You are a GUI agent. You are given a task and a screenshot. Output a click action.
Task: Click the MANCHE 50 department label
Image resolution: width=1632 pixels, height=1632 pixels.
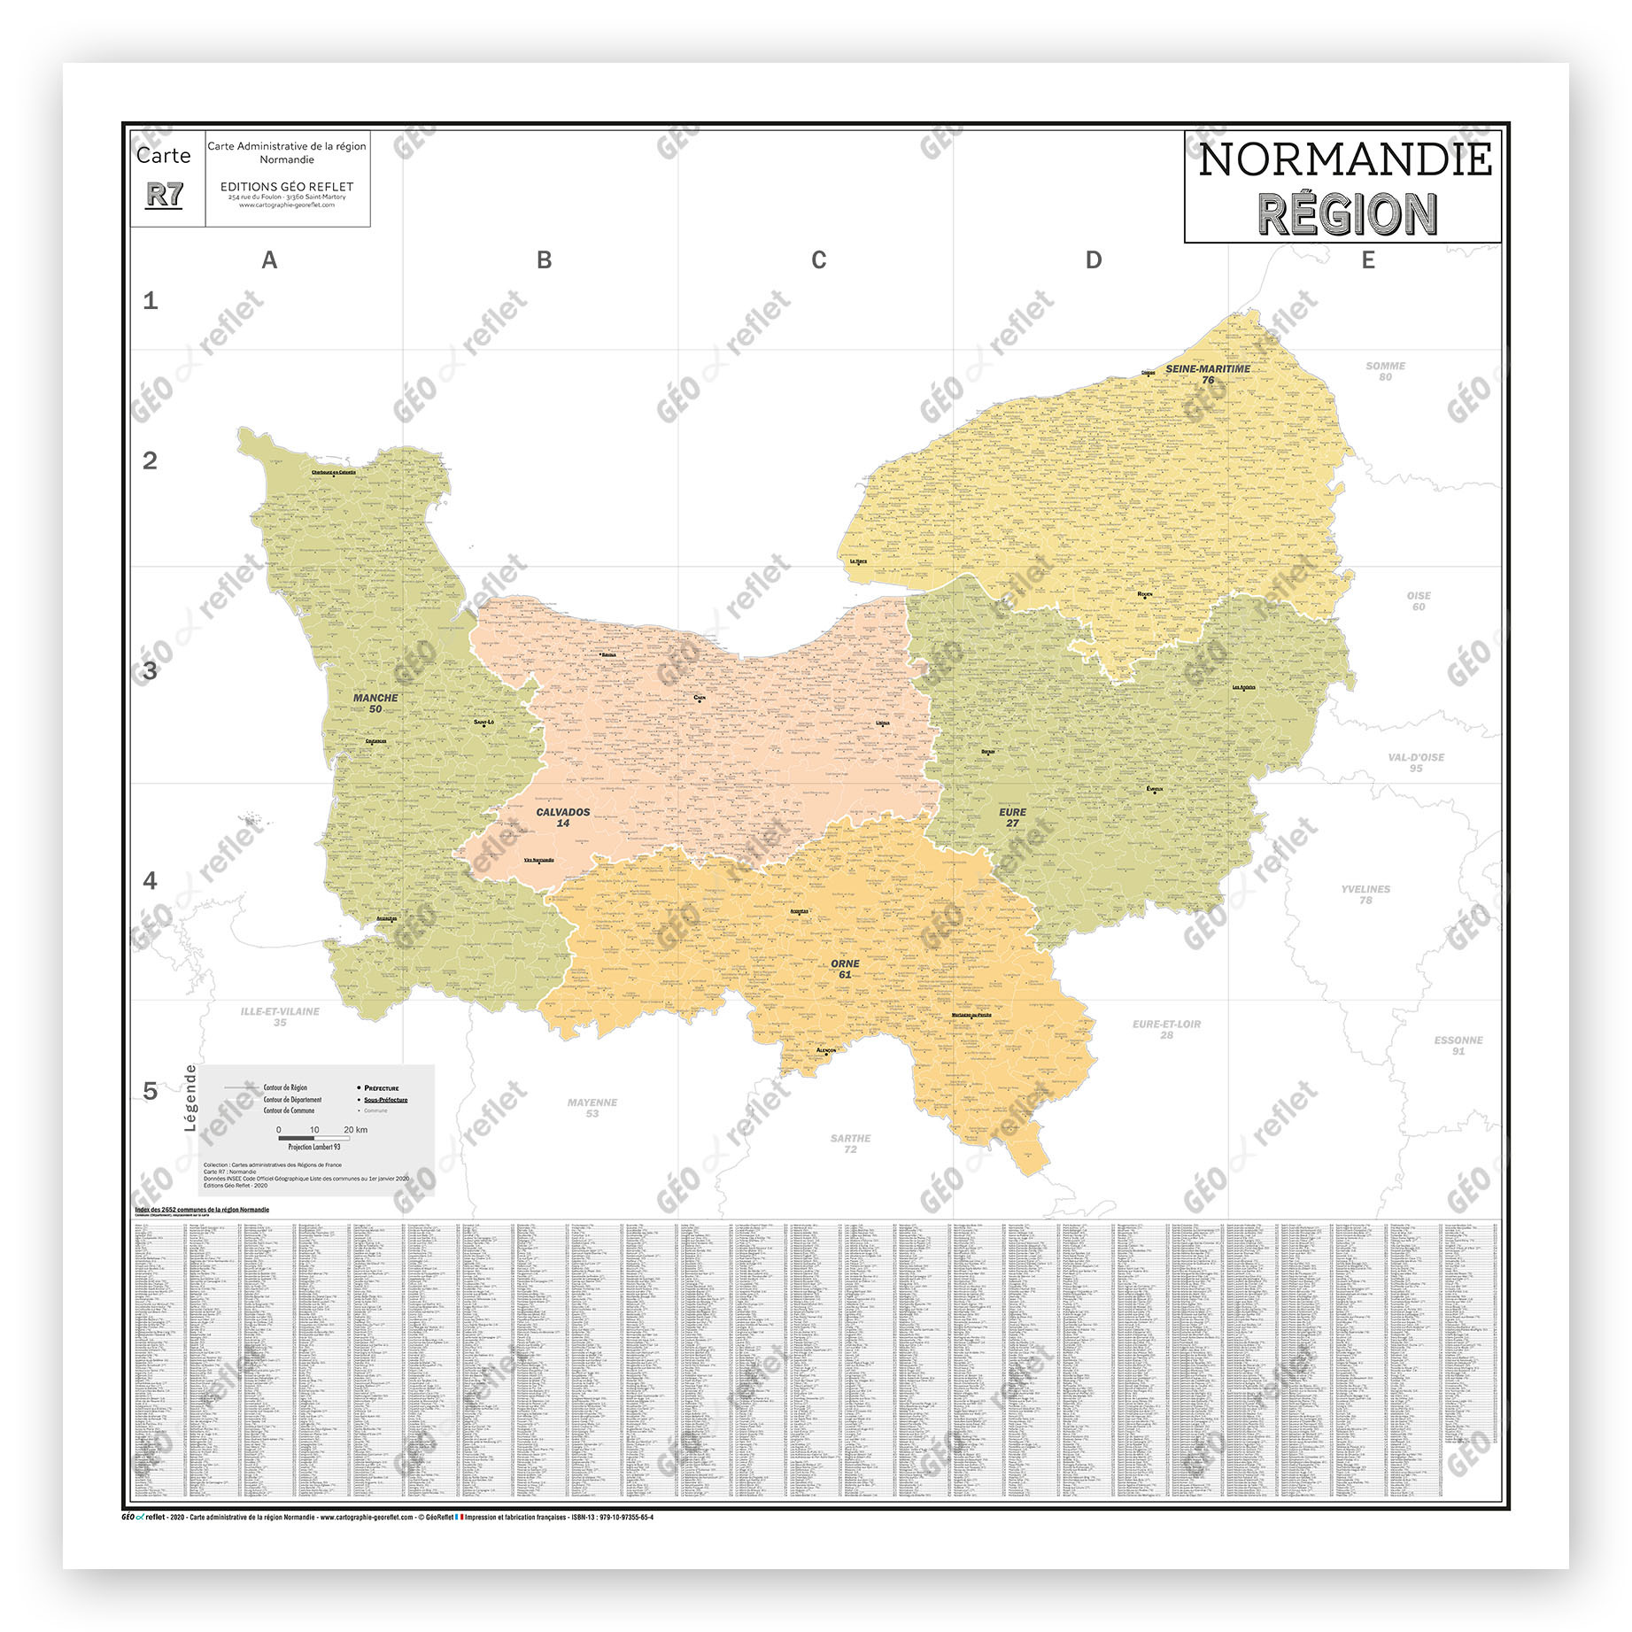pyautogui.click(x=375, y=703)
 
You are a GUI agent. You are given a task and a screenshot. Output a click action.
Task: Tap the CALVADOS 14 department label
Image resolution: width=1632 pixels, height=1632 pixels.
pyautogui.click(x=563, y=817)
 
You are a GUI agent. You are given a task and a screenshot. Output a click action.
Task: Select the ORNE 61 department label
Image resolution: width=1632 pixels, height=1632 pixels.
pyautogui.click(x=845, y=969)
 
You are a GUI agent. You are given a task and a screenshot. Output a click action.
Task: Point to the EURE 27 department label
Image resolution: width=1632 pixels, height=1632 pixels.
pyautogui.click(x=1012, y=817)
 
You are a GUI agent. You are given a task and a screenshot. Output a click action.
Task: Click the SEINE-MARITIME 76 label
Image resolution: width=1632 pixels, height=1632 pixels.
pyautogui.click(x=1208, y=374)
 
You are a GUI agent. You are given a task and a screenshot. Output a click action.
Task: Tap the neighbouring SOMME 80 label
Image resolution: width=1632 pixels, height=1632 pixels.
pyautogui.click(x=1385, y=371)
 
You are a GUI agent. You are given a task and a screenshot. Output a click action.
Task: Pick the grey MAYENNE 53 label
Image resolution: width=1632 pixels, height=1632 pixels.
pyautogui.click(x=592, y=1108)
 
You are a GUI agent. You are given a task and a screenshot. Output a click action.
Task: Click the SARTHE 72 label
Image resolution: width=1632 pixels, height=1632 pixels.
pyautogui.click(x=850, y=1143)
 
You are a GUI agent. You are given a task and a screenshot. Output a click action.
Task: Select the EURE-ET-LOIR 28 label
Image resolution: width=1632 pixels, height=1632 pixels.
pyautogui.click(x=1166, y=1029)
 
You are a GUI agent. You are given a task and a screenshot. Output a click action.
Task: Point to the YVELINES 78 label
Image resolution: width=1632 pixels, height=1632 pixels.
pyautogui.click(x=1365, y=894)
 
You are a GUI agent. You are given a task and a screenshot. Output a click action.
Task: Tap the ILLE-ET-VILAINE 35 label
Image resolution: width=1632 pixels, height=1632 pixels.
pyautogui.click(x=280, y=1017)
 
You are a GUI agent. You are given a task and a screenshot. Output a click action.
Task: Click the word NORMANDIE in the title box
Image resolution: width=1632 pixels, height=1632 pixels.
pyautogui.click(x=1344, y=160)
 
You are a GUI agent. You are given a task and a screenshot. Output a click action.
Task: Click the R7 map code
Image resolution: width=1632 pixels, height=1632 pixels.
pyautogui.click(x=165, y=195)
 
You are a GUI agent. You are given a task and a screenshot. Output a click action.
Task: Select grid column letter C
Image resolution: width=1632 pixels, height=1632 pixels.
pyautogui.click(x=818, y=260)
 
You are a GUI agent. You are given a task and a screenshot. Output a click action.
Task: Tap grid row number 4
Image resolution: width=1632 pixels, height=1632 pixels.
pyautogui.click(x=151, y=880)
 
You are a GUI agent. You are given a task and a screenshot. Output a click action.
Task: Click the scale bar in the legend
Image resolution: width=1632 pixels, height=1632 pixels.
pyautogui.click(x=313, y=1138)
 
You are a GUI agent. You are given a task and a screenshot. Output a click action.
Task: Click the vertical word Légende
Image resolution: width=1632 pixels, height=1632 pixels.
pyautogui.click(x=189, y=1097)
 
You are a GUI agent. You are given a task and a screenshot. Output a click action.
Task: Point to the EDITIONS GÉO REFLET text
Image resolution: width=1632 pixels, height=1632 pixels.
pyautogui.click(x=287, y=187)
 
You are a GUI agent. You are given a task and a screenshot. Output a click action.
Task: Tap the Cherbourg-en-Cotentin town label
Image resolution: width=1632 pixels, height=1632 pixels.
pyautogui.click(x=334, y=472)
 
